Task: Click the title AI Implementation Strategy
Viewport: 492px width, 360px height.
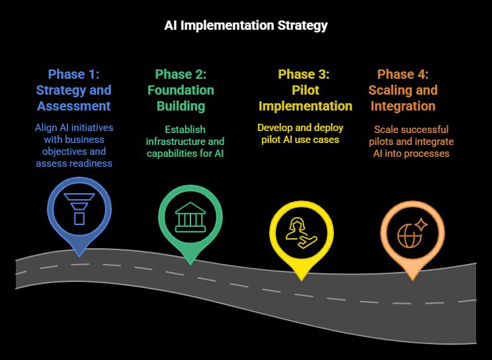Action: (x=246, y=26)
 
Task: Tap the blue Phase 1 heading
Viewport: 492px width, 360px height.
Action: (x=73, y=74)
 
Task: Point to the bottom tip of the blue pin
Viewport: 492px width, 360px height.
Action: (x=79, y=255)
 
